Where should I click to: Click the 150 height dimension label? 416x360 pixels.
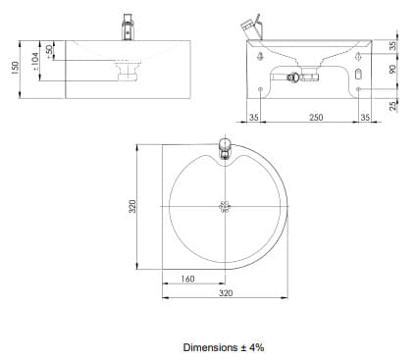pyautogui.click(x=15, y=68)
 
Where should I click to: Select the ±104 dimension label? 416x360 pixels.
pyautogui.click(x=35, y=61)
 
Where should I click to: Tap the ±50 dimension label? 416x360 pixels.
pyautogui.click(x=49, y=52)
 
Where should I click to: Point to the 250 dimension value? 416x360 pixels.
pyautogui.click(x=316, y=117)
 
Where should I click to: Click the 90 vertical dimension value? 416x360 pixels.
pyautogui.click(x=392, y=69)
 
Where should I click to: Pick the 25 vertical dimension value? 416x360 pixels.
pyautogui.click(x=392, y=106)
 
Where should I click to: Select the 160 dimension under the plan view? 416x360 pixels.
pyautogui.click(x=187, y=279)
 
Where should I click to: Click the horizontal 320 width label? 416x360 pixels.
pyautogui.click(x=226, y=293)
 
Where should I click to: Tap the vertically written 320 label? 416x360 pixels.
pyautogui.click(x=132, y=206)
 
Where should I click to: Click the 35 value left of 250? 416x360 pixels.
pyautogui.click(x=254, y=117)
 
